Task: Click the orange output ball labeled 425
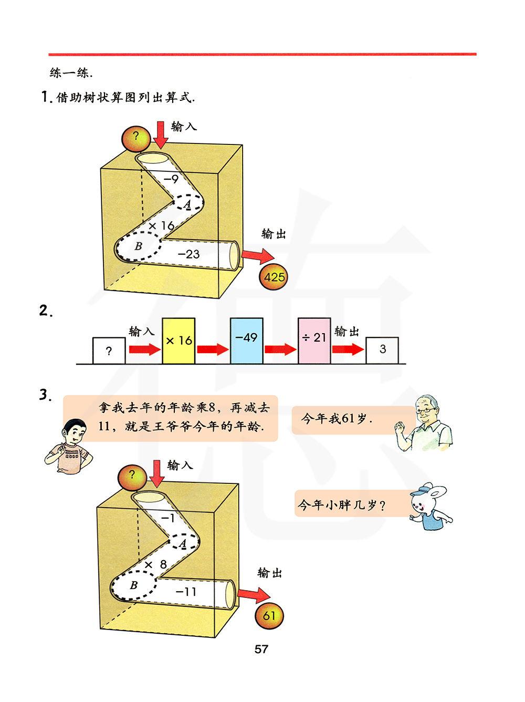point(274,276)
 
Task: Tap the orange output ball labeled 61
point(269,616)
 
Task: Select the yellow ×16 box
point(178,341)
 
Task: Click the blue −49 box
point(246,341)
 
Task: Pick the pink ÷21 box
point(314,341)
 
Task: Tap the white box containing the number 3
point(382,350)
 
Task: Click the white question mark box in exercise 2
point(109,350)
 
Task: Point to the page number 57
point(261,649)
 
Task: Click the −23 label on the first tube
point(188,254)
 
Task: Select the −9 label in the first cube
point(171,179)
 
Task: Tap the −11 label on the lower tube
point(186,592)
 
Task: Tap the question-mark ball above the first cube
point(136,138)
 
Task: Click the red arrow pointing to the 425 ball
point(258,256)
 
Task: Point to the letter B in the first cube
point(138,246)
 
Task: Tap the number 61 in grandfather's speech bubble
point(348,418)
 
